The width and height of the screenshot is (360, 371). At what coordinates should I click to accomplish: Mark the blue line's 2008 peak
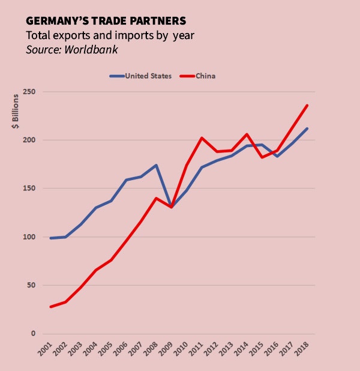[x=157, y=165]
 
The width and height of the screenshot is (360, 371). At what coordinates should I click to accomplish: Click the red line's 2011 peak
[x=202, y=138]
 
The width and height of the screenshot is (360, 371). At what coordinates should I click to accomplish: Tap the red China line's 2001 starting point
[x=51, y=307]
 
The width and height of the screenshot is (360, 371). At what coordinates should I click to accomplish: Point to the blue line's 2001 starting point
[x=51, y=238]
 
